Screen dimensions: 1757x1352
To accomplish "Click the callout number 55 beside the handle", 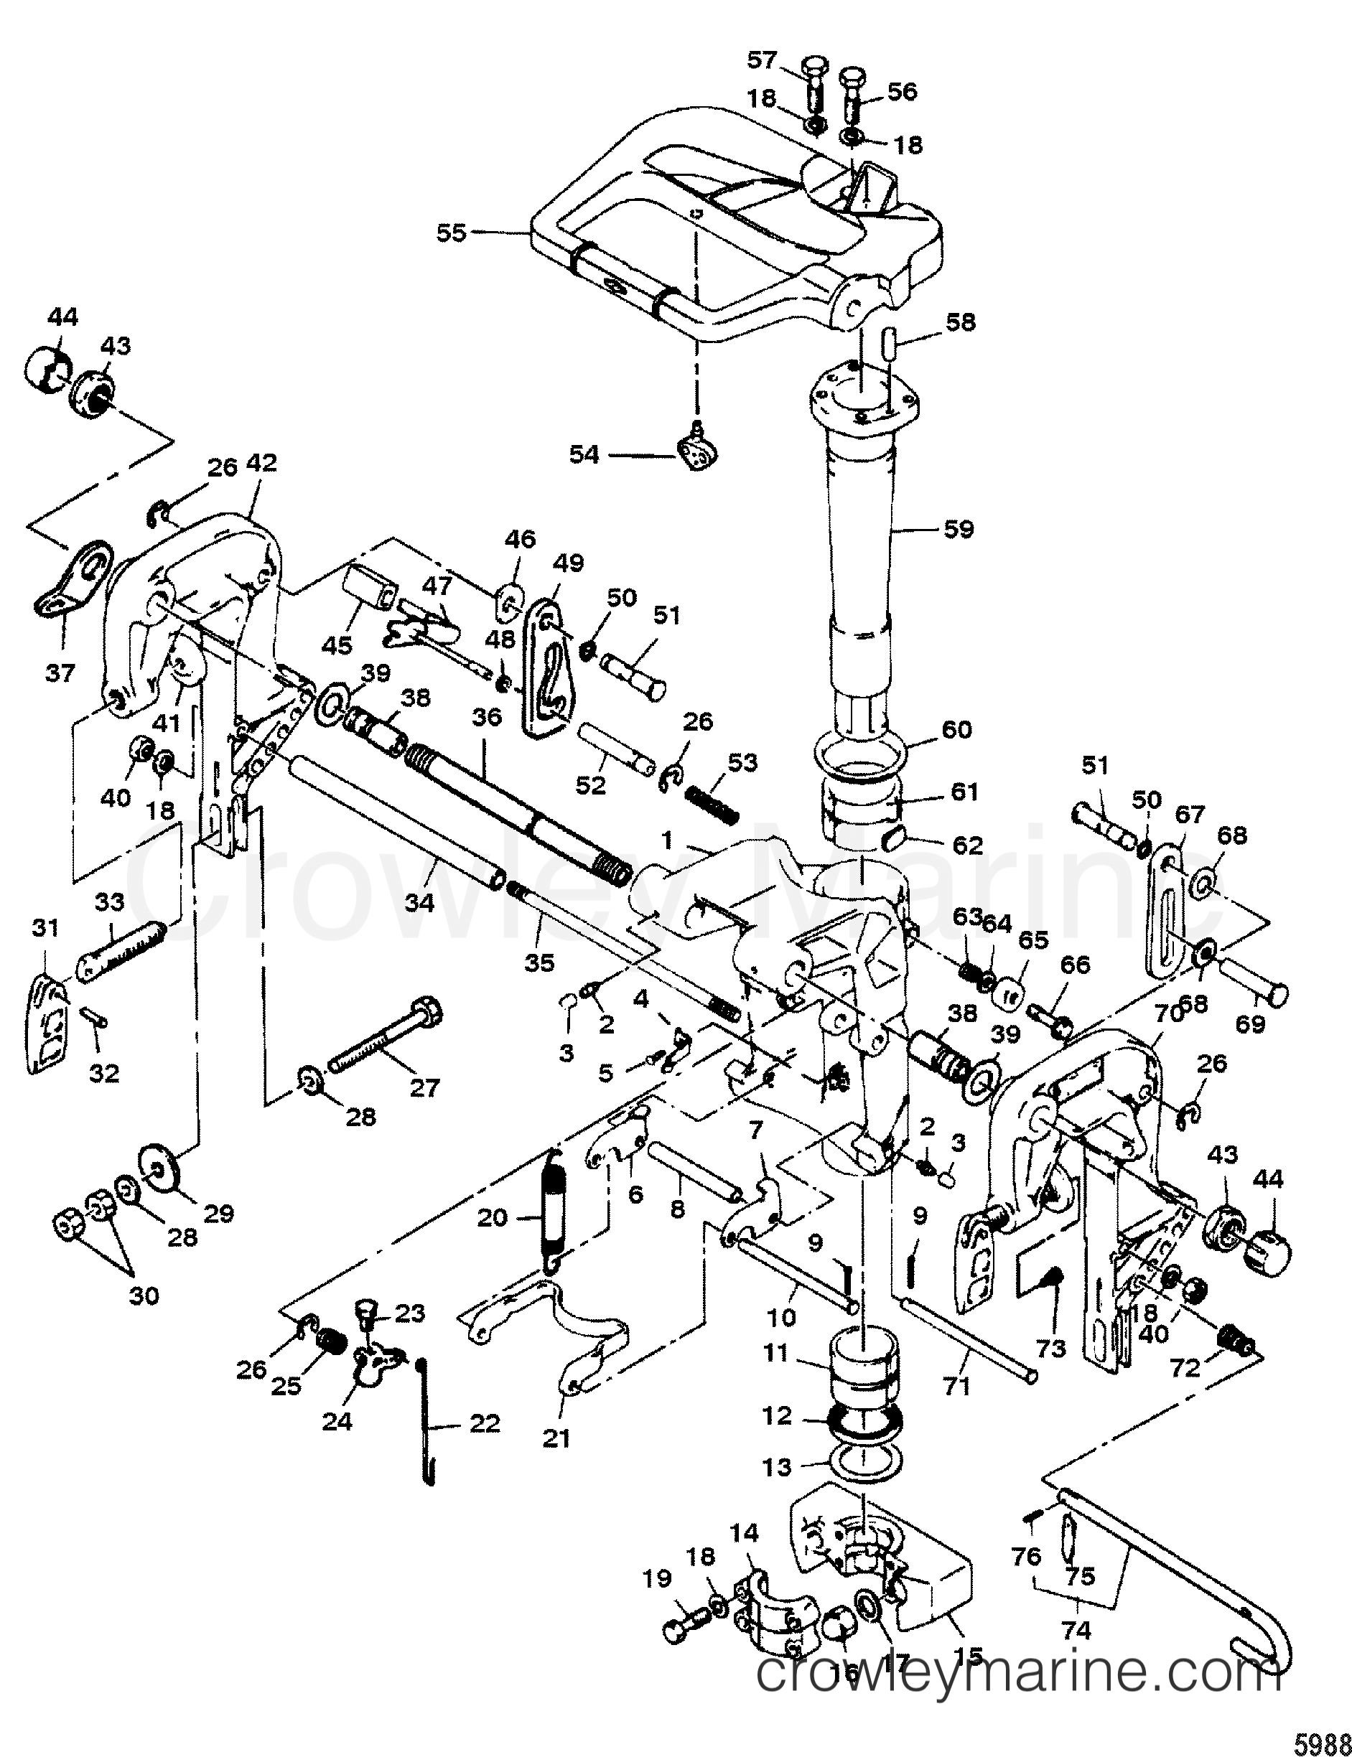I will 451,233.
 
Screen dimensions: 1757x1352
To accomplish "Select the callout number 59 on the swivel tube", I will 958,530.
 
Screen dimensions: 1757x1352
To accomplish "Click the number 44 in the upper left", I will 62,317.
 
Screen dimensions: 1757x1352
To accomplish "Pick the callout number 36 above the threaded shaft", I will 487,717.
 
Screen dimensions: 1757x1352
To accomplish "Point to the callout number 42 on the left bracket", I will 261,463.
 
